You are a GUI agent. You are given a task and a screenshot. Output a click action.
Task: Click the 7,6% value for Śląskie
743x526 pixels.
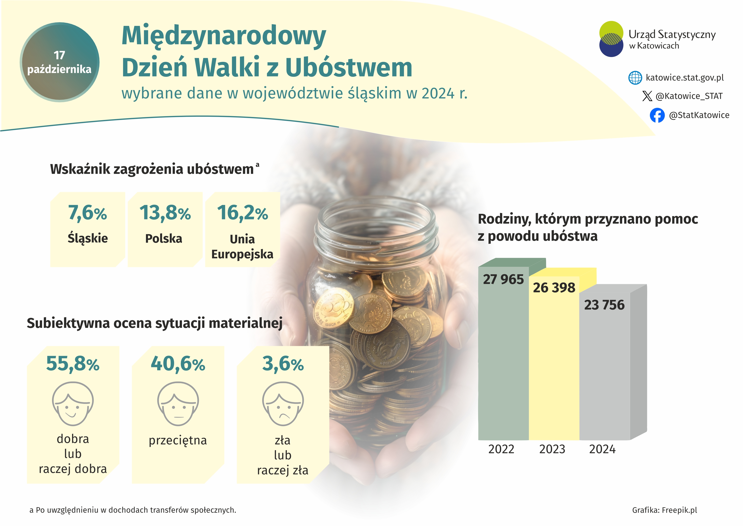(87, 213)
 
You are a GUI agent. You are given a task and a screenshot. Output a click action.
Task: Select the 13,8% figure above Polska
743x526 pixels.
(165, 213)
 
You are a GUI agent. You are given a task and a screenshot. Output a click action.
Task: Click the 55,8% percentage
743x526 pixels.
(73, 364)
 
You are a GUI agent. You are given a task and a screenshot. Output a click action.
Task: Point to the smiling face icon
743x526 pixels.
(73, 404)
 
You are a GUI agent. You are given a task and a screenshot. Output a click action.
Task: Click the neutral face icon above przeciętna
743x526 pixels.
(178, 404)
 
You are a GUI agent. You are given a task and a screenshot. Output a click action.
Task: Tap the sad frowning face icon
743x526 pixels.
(283, 404)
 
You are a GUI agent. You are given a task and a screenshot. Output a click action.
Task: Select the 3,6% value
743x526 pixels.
(283, 364)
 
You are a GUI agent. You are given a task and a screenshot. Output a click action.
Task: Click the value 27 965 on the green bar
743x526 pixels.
(503, 279)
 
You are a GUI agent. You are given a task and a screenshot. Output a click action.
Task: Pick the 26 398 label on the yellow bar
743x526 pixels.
(554, 288)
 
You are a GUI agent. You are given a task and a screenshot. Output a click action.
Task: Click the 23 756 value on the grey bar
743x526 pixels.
(604, 305)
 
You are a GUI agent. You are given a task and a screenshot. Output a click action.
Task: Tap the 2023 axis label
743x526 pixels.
(552, 449)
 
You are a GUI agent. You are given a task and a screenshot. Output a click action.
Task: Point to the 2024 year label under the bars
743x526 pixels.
(602, 449)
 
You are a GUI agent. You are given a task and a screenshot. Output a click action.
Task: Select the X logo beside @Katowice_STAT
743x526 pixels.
(647, 96)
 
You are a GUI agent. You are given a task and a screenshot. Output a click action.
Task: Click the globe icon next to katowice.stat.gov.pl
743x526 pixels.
(635, 78)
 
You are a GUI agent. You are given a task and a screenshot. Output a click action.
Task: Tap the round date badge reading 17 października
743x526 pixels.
(59, 62)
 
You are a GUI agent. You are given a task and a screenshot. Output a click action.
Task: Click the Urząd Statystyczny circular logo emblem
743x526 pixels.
(611, 39)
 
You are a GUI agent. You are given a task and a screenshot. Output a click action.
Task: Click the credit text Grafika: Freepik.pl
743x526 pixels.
(664, 510)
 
